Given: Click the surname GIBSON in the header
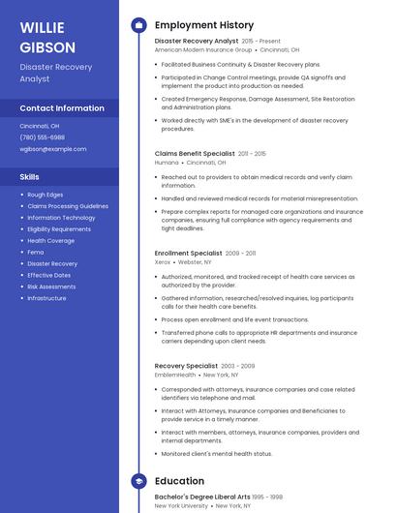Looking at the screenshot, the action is [46, 46].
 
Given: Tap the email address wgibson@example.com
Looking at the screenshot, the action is [53, 149].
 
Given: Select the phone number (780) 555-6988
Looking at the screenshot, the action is [43, 137].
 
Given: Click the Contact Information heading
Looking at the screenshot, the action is [62, 108].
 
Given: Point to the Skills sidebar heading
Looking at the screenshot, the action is [30, 177].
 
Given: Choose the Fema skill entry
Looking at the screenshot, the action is [36, 252].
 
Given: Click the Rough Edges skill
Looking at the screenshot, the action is [46, 195].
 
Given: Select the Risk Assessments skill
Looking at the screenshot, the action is [51, 287].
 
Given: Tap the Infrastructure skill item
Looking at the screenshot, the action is [47, 298].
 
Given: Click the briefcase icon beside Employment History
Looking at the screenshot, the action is [138, 25].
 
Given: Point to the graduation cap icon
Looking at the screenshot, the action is [138, 480].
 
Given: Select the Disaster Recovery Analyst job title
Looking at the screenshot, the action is [197, 42].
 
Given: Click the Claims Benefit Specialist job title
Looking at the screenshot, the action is [195, 153].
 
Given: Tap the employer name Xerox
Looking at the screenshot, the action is [163, 261].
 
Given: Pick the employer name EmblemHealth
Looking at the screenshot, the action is [175, 375].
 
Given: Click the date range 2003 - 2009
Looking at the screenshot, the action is [237, 366].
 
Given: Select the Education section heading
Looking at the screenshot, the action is [179, 480].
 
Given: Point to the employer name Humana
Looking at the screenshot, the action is [167, 162].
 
